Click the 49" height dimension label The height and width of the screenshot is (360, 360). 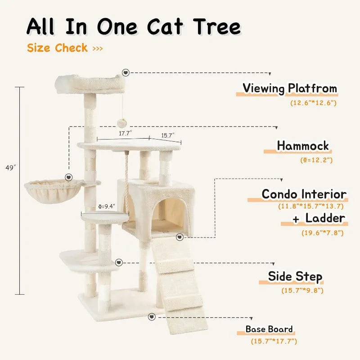coord(10,168)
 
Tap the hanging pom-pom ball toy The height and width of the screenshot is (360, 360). coord(122,123)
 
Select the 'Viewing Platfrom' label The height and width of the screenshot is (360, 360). coord(290,88)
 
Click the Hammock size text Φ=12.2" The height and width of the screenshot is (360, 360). coord(316,160)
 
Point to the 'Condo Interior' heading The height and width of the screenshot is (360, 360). coord(304,194)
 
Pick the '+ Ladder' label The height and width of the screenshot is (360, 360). coord(319,218)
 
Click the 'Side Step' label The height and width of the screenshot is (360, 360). coord(295,276)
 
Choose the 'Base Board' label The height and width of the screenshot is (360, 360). coord(269,329)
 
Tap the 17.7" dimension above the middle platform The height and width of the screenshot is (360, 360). coord(126,133)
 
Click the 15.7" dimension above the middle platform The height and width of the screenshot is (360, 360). coord(168,135)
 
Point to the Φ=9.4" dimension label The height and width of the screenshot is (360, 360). coord(107,207)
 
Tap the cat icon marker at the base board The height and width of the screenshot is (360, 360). coord(152,317)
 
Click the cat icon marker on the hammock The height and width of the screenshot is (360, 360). coord(69,177)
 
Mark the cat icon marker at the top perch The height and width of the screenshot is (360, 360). coord(126,72)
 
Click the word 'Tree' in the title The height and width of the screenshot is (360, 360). coord(217,27)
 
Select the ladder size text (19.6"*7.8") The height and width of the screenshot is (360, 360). coord(322,233)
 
